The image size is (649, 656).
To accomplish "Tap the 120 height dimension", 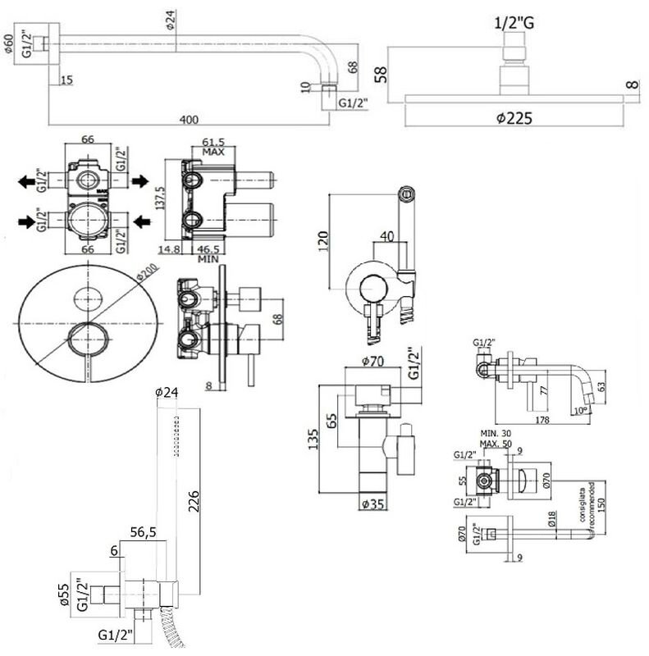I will (322, 239).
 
